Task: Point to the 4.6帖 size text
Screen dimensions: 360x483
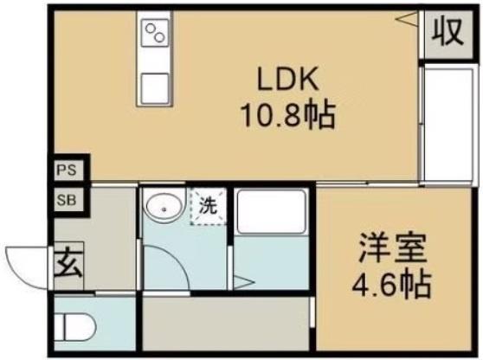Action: coord(392,283)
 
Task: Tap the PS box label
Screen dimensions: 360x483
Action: coord(66,170)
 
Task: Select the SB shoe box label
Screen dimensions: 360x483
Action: coord(66,200)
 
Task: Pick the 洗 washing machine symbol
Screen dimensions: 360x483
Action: coord(209,208)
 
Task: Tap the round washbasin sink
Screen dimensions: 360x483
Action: coord(161,207)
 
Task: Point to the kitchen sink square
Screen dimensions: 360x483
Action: coord(157,87)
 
